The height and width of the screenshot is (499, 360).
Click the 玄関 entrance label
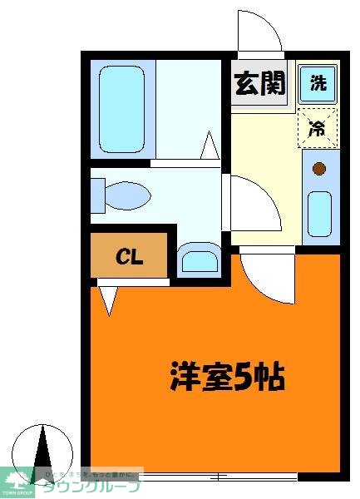pos(259,84)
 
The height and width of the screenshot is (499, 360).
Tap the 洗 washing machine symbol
pos(318,83)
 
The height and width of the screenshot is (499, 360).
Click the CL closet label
pos(129,256)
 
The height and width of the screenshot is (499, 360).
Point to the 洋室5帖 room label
pos(228,377)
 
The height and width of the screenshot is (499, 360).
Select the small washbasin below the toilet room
pos(199,260)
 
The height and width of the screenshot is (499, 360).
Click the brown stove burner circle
pos(318,170)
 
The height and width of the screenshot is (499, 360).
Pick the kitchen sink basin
pos(318,213)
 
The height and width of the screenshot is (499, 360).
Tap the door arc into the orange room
pos(268,274)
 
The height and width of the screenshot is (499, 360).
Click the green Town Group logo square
pos(17,483)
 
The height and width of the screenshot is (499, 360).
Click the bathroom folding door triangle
pos(210,147)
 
